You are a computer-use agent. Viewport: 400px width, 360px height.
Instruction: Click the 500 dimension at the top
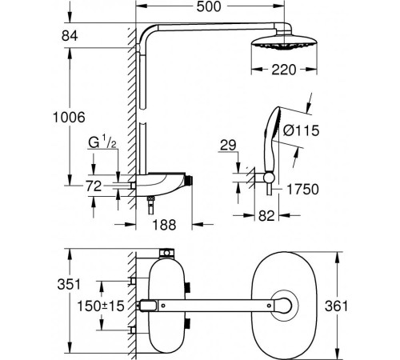(209, 6)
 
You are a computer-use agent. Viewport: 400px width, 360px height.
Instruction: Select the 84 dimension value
(70, 36)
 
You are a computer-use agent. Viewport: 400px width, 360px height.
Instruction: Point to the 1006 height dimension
(69, 118)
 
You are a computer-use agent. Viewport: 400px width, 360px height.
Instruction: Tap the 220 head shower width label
(284, 70)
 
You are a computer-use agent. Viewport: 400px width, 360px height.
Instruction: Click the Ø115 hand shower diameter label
(301, 130)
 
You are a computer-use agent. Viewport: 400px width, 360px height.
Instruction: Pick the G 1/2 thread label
(102, 143)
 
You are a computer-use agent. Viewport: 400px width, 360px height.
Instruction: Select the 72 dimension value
(94, 186)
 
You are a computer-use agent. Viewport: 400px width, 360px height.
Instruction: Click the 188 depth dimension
(164, 225)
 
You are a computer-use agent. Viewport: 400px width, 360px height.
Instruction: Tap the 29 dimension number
(228, 146)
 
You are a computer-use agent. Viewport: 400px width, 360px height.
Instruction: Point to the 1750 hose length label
(302, 190)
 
